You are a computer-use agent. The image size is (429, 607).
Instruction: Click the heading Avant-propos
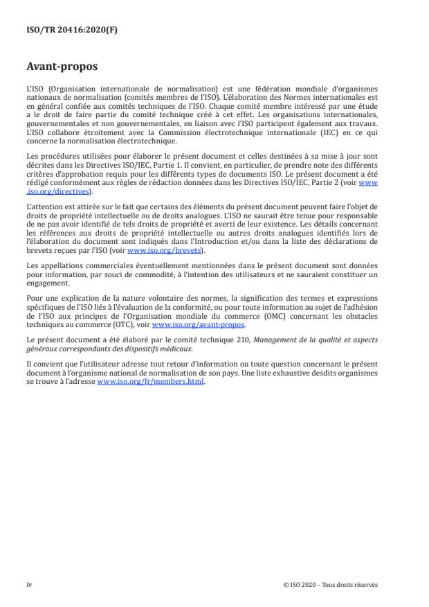tap(60, 68)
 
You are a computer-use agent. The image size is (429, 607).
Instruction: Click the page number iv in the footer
tap(30, 585)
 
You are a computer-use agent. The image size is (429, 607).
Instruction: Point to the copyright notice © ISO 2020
tap(304, 585)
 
